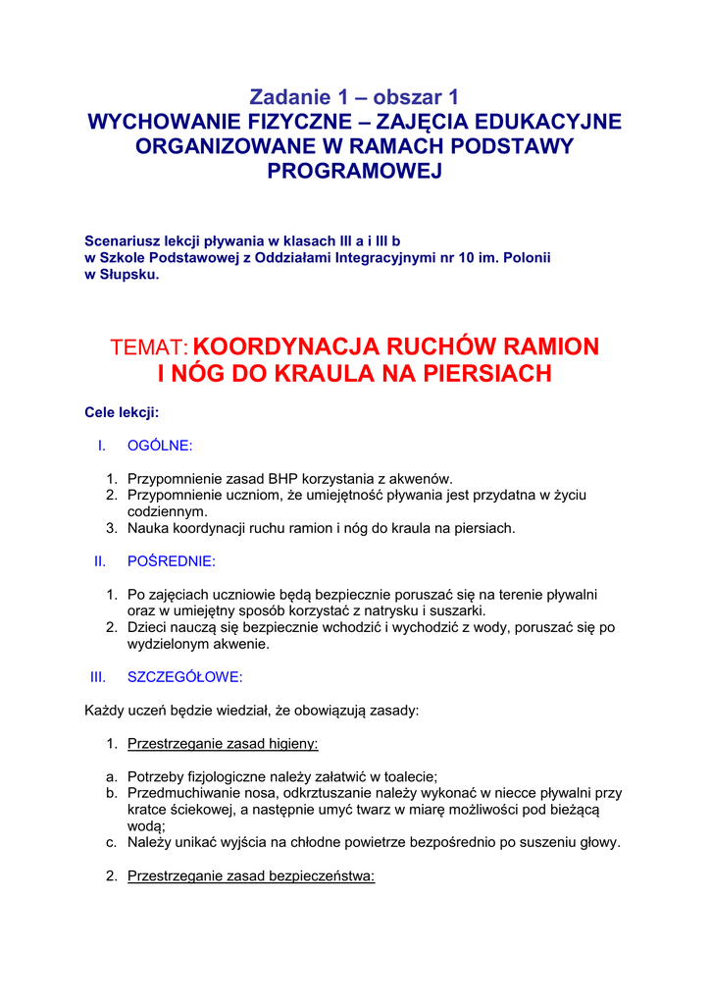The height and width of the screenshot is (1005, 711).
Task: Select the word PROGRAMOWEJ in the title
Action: [x=355, y=171]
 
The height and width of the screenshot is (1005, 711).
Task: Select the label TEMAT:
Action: [x=149, y=347]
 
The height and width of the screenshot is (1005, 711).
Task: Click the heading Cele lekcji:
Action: [x=122, y=413]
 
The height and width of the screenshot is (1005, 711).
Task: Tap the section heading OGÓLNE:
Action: [x=160, y=446]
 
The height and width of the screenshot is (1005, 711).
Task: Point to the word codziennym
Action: [x=167, y=511]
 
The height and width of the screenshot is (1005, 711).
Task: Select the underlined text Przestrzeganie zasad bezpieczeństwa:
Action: [x=251, y=876]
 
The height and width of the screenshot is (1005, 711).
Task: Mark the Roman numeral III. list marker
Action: [x=97, y=677]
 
